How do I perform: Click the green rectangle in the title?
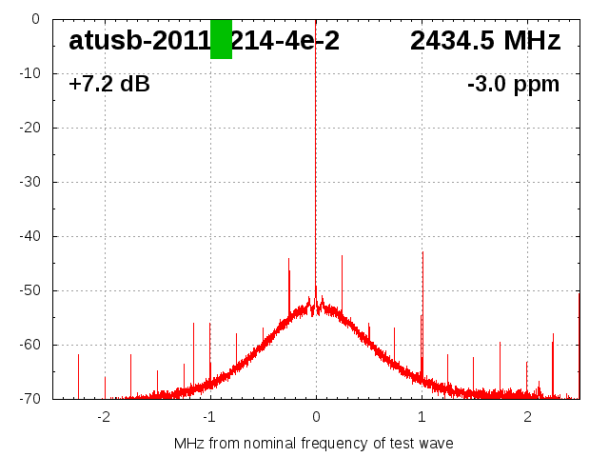(x=221, y=39)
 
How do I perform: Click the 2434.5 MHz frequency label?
(x=485, y=41)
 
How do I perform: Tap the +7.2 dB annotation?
(x=109, y=84)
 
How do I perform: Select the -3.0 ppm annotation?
(x=513, y=84)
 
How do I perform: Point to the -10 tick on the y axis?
(x=28, y=73)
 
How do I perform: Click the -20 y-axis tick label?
(x=28, y=128)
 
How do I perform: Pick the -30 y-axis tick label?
(x=28, y=182)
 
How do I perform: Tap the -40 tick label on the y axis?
(x=28, y=236)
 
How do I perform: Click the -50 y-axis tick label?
(x=28, y=290)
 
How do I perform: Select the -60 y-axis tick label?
(x=28, y=345)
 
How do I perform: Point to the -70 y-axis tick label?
(x=28, y=399)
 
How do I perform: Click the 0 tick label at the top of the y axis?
(x=34, y=19)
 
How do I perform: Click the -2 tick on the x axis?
(x=104, y=417)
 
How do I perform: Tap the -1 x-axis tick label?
(x=209, y=417)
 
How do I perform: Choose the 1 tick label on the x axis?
(x=422, y=417)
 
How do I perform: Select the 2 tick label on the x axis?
(x=527, y=417)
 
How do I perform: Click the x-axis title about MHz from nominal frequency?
(x=314, y=443)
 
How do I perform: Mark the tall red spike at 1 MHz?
(x=422, y=286)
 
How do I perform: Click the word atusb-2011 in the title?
(x=138, y=41)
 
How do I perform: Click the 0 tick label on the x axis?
(x=316, y=417)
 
